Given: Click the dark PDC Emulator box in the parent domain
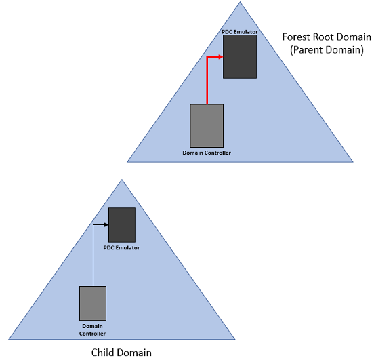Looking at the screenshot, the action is tap(240, 56).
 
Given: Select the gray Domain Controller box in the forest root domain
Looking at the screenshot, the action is tap(207, 126).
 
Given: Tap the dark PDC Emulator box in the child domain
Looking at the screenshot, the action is tap(122, 225).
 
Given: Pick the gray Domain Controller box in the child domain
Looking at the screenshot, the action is tap(93, 303).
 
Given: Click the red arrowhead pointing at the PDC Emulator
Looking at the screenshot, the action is tap(221, 57).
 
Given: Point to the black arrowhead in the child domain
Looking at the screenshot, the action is tap(106, 224).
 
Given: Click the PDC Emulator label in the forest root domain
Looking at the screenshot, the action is tap(239, 32).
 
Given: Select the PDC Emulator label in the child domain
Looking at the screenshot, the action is tap(121, 248).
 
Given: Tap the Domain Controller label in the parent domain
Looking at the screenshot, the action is tap(207, 153).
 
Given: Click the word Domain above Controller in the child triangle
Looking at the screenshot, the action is tap(92, 326).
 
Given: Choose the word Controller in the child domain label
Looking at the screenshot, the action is tap(92, 334).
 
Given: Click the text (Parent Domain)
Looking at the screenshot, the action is tap(327, 50).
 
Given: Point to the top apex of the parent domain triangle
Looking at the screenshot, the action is tap(241, 2).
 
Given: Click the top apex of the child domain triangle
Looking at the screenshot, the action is tap(122, 180).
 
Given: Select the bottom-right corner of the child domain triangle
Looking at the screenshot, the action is tap(234, 339).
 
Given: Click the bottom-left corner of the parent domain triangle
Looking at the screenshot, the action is tap(127, 162).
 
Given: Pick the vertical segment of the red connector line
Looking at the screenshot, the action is tap(207, 81).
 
